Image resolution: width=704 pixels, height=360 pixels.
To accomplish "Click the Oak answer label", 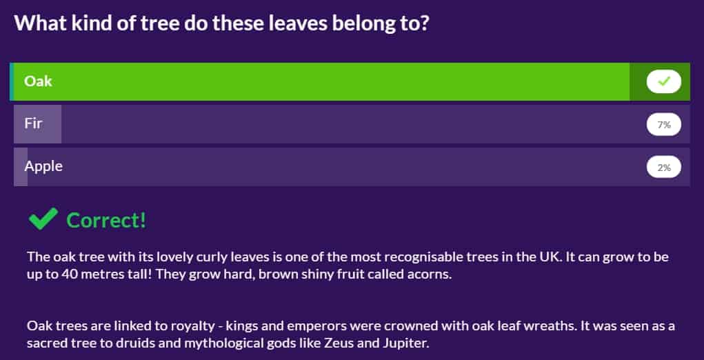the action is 38,81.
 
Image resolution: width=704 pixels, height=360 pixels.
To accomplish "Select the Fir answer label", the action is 33,123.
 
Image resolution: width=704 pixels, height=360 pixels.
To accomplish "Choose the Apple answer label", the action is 43,167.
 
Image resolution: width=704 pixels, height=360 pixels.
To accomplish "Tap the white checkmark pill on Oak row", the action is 663,81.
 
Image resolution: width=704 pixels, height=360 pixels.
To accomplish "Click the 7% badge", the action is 663,125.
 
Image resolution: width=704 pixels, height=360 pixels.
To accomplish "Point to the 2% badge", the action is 663,168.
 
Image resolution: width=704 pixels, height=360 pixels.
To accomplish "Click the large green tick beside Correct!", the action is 43,219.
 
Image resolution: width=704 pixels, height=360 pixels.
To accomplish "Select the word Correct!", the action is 106,221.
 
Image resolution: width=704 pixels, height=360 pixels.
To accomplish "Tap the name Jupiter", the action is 410,345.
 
